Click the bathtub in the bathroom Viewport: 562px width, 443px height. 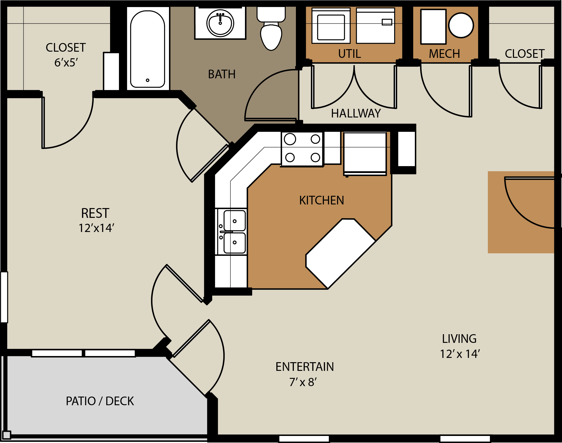pyautogui.click(x=147, y=49)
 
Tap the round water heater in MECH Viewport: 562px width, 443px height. pyautogui.click(x=461, y=25)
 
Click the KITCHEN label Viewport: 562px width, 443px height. pyautogui.click(x=322, y=201)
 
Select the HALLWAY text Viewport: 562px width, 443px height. pyautogui.click(x=356, y=114)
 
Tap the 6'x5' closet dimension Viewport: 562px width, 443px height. pyautogui.click(x=66, y=63)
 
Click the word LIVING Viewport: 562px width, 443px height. pyautogui.click(x=459, y=339)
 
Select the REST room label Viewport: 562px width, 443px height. pyautogui.click(x=95, y=213)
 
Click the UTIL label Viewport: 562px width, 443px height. pyautogui.click(x=349, y=54)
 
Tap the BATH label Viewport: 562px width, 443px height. pyautogui.click(x=222, y=74)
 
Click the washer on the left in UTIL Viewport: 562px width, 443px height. pyautogui.click(x=331, y=26)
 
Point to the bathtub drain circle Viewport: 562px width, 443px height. pyautogui.click(x=147, y=80)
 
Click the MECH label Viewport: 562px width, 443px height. pyautogui.click(x=444, y=54)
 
